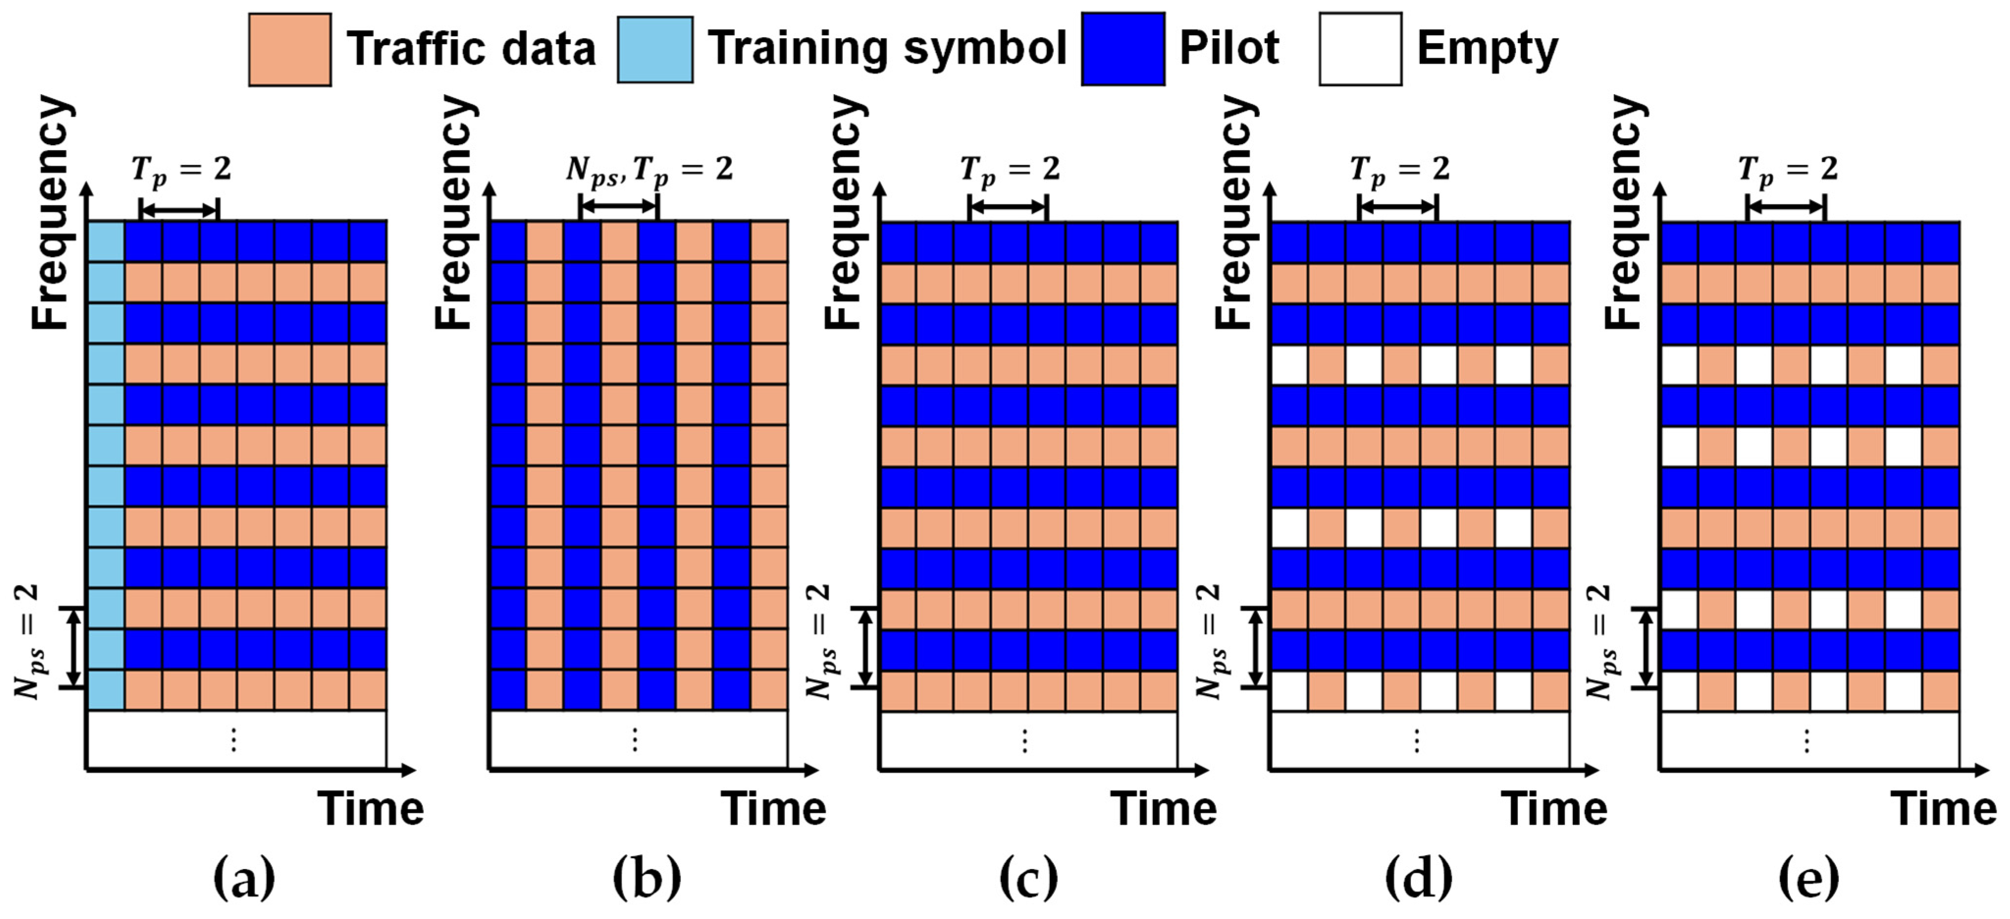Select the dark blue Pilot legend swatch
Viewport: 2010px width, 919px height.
(1123, 49)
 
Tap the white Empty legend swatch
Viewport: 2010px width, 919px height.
(1360, 49)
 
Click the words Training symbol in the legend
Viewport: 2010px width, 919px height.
(887, 49)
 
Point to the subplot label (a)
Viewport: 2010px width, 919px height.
(244, 878)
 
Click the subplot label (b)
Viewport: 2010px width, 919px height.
(647, 878)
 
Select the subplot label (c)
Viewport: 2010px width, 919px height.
(1028, 878)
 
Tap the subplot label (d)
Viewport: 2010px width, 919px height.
(1418, 878)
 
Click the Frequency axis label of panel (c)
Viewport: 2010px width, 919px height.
(845, 212)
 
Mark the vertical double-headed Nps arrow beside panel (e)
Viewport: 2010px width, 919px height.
(1645, 647)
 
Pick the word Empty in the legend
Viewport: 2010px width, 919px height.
(1487, 49)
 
